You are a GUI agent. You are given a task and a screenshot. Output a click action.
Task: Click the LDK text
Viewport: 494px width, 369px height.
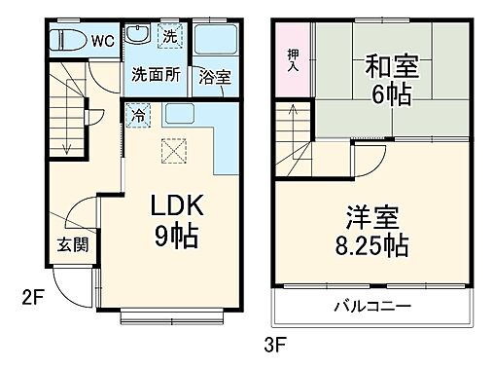point(176,206)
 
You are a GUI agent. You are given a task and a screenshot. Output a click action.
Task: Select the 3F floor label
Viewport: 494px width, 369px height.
point(277,343)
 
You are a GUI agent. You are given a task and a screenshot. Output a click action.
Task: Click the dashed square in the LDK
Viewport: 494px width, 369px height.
point(176,151)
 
